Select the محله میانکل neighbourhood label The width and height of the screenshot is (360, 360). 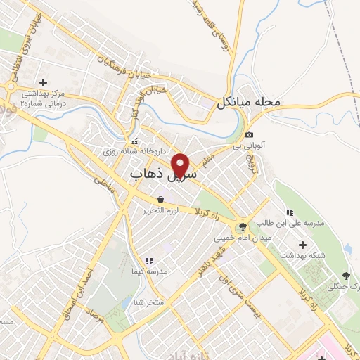pos(249,103)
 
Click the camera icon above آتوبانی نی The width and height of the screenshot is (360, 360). pos(249,134)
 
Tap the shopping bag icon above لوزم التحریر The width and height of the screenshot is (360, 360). pos(162,200)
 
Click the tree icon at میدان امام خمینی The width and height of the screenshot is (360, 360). pos(243,226)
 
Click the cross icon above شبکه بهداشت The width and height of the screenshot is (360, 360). pos(303,245)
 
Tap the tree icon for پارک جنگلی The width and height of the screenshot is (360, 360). pos(345,276)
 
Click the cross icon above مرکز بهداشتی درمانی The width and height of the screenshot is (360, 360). pos(44,82)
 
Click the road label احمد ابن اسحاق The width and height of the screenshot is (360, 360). pos(82,282)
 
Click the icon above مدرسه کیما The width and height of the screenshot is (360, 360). pos(148,261)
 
